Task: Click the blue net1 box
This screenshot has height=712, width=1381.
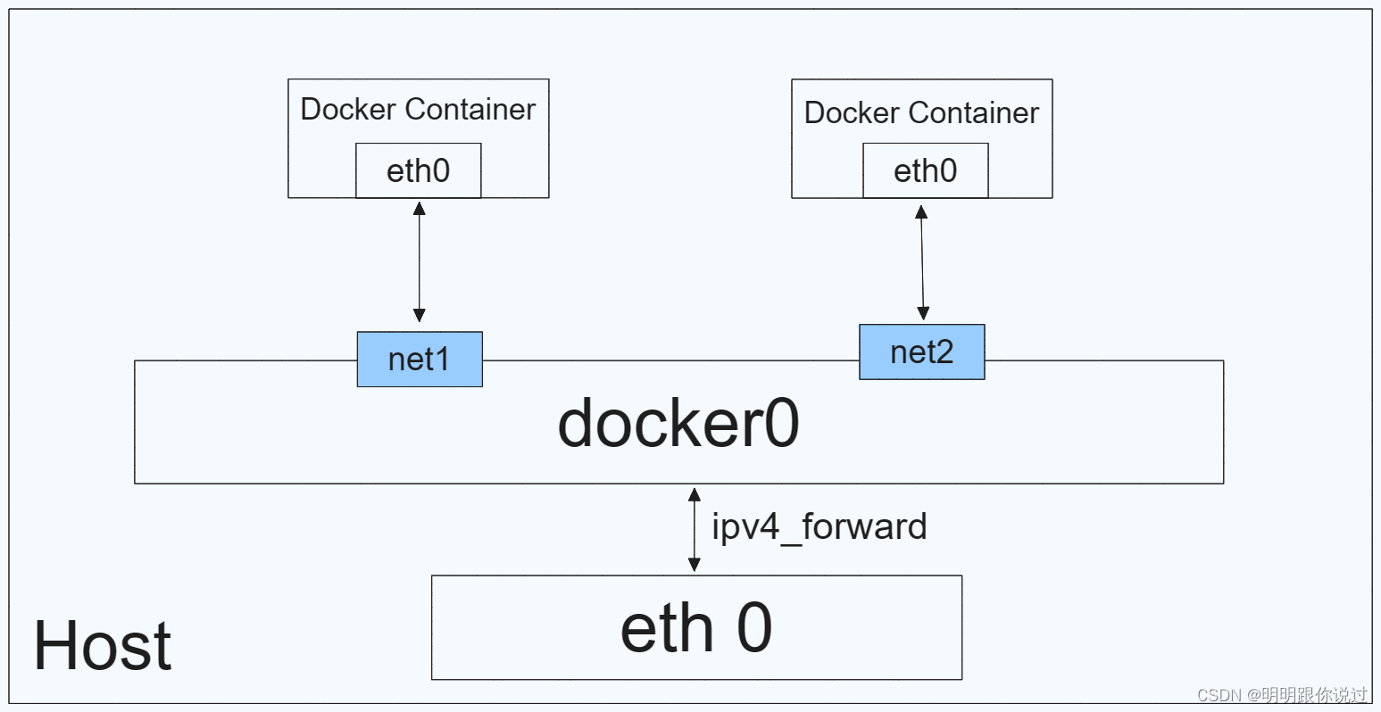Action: point(420,360)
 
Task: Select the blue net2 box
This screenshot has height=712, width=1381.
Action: point(921,352)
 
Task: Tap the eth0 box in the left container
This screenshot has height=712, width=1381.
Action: point(418,170)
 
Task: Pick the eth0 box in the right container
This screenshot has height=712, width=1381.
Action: point(926,170)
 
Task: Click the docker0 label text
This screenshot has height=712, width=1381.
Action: point(678,424)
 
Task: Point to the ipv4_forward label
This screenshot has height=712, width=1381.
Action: point(819,527)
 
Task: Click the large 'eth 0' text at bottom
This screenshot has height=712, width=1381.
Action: point(696,628)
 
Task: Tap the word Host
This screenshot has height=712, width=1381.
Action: point(103,645)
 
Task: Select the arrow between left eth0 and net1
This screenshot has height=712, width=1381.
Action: point(420,262)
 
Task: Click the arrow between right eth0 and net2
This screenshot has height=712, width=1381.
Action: point(922,262)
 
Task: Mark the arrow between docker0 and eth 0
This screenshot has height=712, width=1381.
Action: point(695,529)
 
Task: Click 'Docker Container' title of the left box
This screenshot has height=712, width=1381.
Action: point(418,109)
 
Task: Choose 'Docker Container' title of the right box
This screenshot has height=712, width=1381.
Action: point(921,112)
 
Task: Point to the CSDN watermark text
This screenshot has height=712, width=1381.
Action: point(1282,695)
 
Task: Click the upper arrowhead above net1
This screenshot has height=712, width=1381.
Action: point(420,209)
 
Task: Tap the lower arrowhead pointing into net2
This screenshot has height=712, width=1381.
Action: point(923,313)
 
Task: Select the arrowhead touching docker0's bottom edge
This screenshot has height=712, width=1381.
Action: point(695,494)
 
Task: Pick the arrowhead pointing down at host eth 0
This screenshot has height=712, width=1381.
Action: point(695,565)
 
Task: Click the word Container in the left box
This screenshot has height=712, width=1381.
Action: point(470,109)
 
